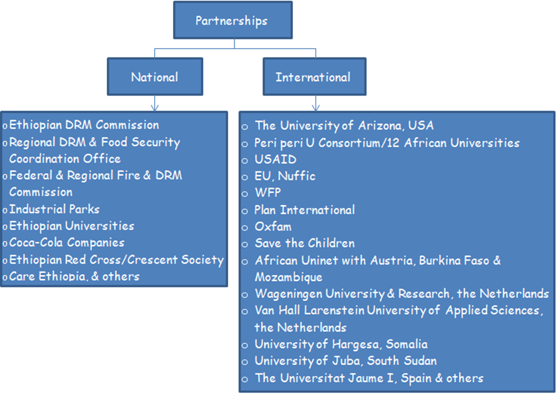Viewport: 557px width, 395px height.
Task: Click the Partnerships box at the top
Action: pos(232,21)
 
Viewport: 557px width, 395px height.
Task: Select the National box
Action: pos(154,77)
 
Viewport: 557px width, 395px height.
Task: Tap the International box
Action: pos(313,77)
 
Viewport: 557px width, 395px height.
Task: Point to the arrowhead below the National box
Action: pos(154,107)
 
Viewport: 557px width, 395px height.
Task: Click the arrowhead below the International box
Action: pos(315,107)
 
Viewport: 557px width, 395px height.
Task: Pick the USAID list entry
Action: pos(276,159)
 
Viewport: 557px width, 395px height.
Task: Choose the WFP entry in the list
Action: pos(268,193)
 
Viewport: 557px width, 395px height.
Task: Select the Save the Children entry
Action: pos(305,243)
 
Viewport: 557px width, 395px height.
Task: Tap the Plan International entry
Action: pos(305,210)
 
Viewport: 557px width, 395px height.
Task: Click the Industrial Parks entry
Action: pos(55,209)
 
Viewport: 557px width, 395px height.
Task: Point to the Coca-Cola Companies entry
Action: pos(67,243)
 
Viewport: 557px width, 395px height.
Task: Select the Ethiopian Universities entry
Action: pos(72,226)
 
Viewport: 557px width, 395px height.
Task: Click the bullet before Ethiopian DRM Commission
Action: pos(5,126)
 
